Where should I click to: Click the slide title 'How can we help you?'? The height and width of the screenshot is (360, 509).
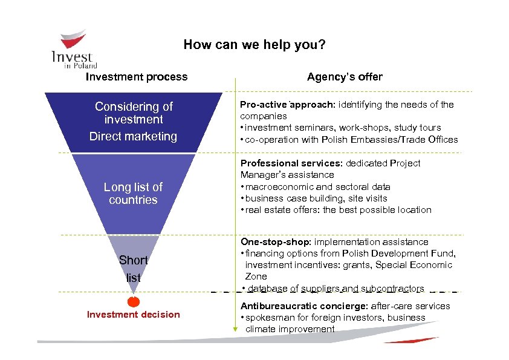(x=254, y=45)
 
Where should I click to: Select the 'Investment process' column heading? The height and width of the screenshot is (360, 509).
(x=137, y=77)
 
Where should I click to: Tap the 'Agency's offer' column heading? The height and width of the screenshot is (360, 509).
(x=345, y=77)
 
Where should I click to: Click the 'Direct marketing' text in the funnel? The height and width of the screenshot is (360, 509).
(x=133, y=136)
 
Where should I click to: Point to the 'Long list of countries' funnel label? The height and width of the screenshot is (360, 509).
(x=133, y=193)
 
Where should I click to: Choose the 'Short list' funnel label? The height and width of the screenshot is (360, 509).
(x=133, y=269)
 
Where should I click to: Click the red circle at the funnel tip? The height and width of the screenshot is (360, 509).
(x=134, y=301)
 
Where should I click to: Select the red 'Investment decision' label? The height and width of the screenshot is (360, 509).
(x=134, y=314)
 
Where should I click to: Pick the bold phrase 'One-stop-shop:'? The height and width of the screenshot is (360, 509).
(x=276, y=242)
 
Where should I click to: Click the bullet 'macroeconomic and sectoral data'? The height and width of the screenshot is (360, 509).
(x=317, y=187)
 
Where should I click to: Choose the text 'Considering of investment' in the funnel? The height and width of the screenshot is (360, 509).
(x=134, y=113)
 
